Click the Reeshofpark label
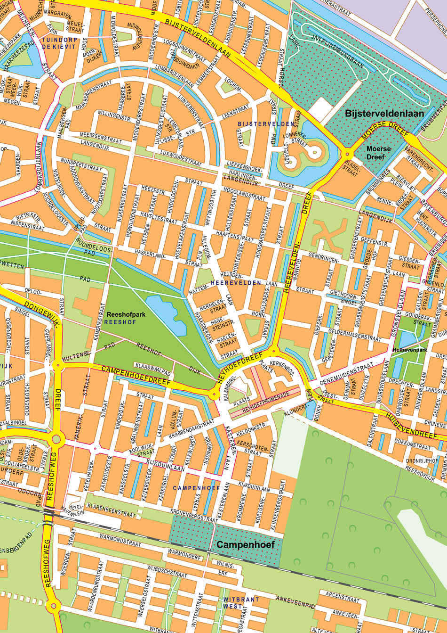126,314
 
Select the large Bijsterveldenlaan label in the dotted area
384,114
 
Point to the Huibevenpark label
410,350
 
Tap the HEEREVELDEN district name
236,283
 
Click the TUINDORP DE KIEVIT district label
59,43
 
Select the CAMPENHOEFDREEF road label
136,375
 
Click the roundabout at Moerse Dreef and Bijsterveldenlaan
348,154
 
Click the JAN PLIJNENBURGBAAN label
338,49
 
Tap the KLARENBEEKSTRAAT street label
111,510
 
